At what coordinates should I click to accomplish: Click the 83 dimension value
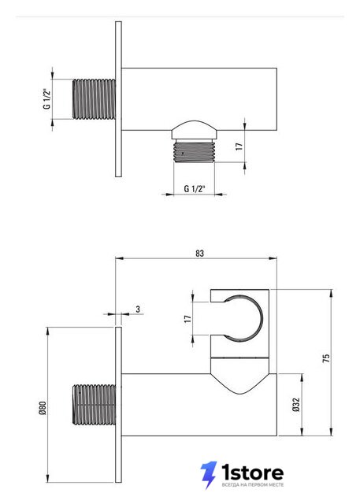(199, 254)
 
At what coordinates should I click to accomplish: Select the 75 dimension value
(326, 358)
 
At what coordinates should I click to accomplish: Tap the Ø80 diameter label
(43, 408)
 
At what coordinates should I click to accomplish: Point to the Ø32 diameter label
(296, 404)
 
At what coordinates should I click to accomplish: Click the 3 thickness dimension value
(138, 309)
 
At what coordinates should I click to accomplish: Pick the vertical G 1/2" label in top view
(47, 98)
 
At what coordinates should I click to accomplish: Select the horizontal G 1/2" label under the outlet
(195, 189)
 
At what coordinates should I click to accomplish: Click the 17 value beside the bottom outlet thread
(239, 146)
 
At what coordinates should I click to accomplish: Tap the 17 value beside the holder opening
(187, 319)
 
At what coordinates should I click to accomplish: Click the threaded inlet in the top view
(95, 99)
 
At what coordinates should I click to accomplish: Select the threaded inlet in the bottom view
(95, 405)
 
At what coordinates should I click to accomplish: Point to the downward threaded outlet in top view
(194, 151)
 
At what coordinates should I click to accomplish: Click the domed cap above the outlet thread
(194, 130)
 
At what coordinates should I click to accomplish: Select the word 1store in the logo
(253, 472)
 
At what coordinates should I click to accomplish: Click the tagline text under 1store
(253, 484)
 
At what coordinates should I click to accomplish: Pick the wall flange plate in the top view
(118, 99)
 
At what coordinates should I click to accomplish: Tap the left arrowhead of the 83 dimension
(119, 258)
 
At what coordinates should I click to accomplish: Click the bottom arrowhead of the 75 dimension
(332, 432)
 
